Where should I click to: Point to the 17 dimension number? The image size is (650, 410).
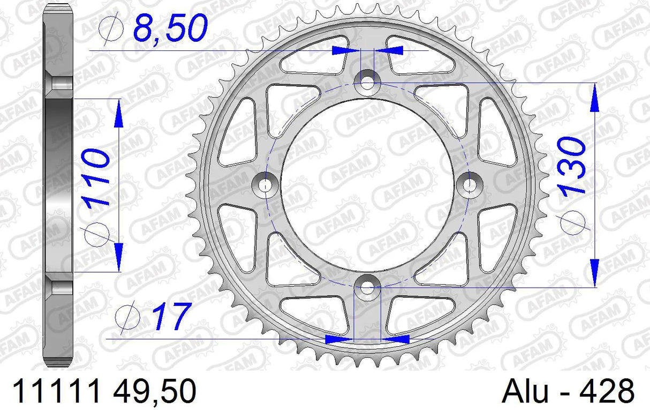172,317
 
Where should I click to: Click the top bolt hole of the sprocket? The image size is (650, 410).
368,83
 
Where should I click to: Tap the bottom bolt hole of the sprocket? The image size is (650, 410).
368,288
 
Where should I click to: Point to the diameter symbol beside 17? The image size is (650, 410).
129,317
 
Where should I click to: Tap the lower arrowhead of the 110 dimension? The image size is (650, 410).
118,255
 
